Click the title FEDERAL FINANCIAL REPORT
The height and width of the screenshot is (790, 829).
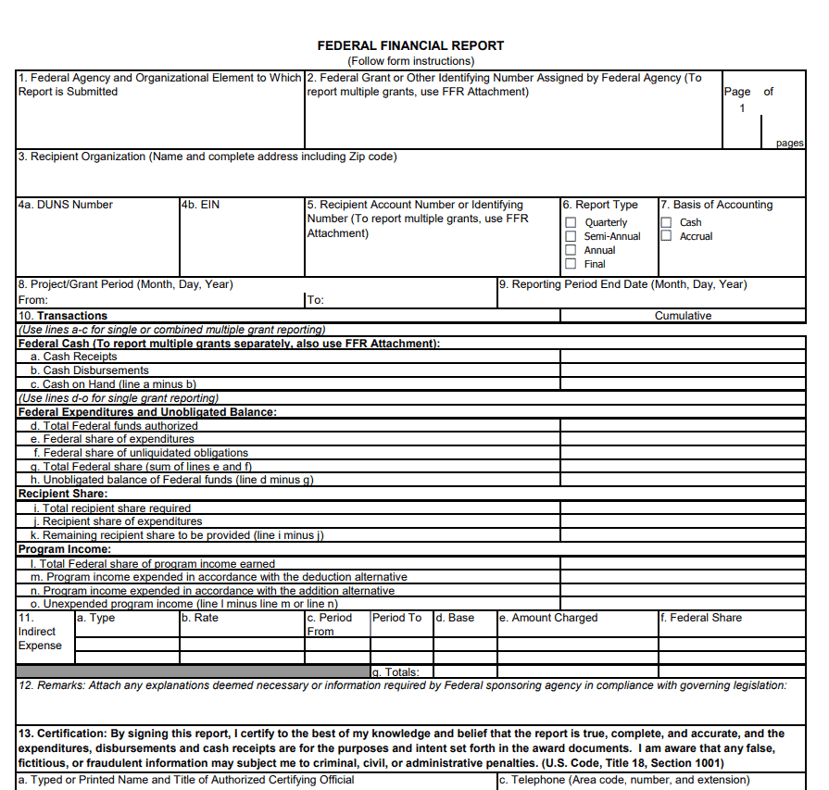[410, 45]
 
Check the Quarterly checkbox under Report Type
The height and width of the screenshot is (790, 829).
[571, 222]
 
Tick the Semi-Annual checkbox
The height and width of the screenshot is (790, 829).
[571, 236]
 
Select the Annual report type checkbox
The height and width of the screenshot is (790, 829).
[571, 250]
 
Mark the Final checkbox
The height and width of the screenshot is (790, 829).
[571, 264]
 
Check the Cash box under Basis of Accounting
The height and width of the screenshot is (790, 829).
[666, 222]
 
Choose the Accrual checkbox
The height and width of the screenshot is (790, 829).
[666, 236]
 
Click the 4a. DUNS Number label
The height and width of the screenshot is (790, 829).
[65, 205]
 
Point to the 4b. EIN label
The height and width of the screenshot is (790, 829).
[201, 205]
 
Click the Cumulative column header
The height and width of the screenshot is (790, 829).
[683, 316]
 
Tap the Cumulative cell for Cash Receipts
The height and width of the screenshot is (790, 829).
[683, 357]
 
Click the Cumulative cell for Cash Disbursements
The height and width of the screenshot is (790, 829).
[683, 370]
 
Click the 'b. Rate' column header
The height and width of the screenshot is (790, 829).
[200, 618]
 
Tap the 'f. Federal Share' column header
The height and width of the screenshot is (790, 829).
[702, 618]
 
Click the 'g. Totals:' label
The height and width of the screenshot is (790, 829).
[396, 672]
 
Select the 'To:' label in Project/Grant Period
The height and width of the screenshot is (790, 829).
[316, 300]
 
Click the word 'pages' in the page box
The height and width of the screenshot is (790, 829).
[789, 144]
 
